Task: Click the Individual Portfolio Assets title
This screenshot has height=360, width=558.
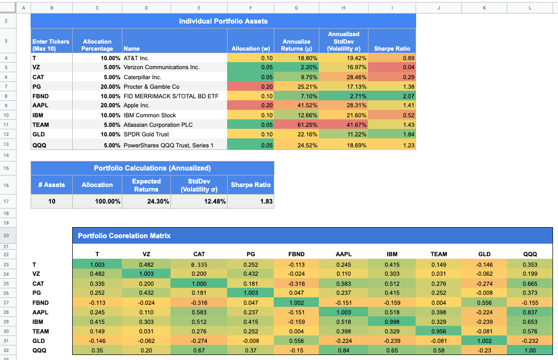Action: coord(223,21)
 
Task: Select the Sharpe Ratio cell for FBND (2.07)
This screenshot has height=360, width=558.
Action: coord(392,96)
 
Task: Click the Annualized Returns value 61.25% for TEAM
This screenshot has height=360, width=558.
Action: coord(297,125)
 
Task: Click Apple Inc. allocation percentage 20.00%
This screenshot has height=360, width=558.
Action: coord(97,106)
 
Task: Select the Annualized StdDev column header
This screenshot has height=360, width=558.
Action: coord(343,41)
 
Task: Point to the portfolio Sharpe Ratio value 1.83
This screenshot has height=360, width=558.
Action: coord(250,202)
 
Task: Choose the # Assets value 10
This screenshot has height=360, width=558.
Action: coord(52,202)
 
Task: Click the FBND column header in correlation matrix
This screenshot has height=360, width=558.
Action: coord(296,254)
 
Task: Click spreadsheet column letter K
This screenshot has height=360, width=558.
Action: coord(484,7)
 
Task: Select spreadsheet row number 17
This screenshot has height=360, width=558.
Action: coord(6,202)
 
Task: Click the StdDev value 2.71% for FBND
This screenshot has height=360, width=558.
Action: coord(343,96)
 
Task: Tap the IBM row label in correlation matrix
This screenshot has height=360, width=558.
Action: coord(38,322)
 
